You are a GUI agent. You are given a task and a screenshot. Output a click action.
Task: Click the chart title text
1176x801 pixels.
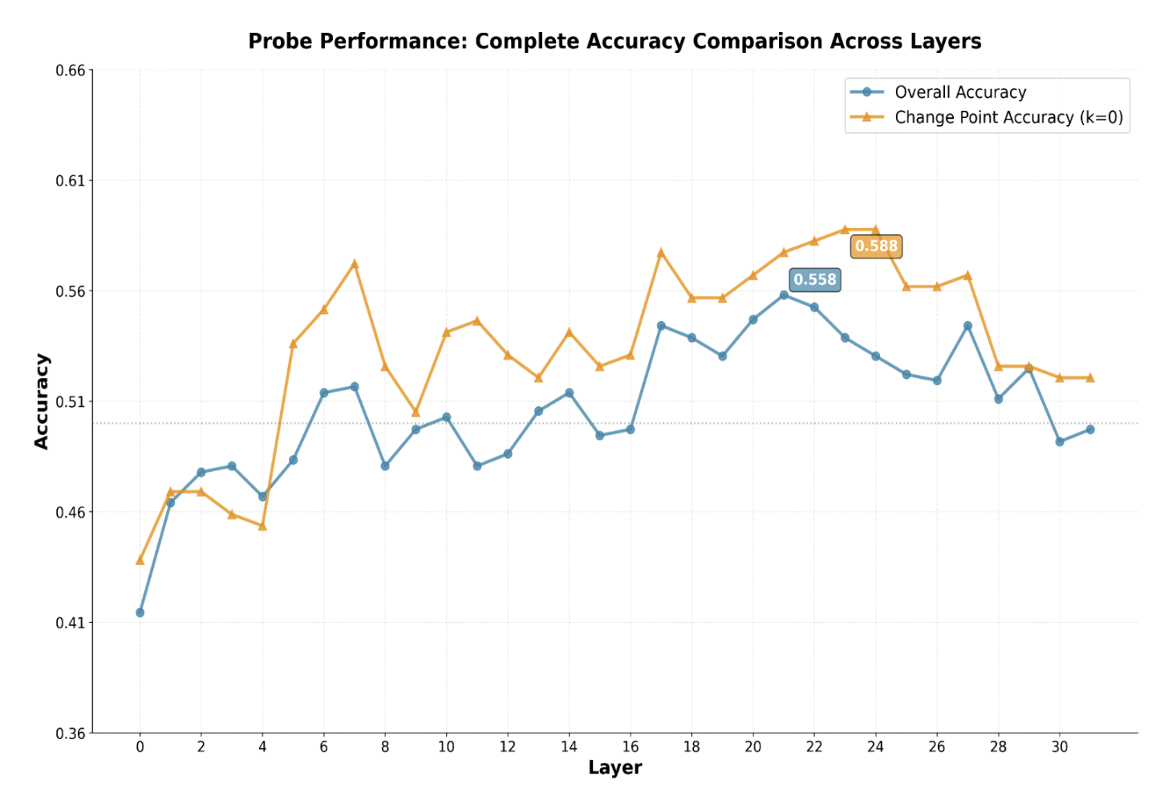[x=614, y=41]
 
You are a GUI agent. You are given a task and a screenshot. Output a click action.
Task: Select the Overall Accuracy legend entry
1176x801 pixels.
[x=960, y=92]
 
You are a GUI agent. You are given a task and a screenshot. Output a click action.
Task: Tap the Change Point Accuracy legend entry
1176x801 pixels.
[x=1008, y=117]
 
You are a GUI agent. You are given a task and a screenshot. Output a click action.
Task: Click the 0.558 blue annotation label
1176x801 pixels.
[x=815, y=279]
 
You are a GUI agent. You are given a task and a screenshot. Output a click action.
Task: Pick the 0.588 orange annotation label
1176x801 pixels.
[x=876, y=246]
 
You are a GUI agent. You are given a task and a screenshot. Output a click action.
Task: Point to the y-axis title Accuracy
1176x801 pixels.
[x=42, y=401]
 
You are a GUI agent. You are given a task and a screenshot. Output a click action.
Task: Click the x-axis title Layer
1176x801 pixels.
[x=614, y=767]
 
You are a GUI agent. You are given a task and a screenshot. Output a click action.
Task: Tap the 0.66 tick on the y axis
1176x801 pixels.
[x=71, y=71]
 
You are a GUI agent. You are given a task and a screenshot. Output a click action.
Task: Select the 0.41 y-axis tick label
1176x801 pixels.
[x=71, y=623]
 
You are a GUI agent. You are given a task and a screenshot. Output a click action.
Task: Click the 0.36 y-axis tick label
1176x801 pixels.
[x=71, y=734]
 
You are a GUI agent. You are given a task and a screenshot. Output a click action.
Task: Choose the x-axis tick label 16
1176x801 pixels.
[x=631, y=746]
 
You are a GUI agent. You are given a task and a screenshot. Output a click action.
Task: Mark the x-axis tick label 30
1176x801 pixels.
[x=1060, y=746]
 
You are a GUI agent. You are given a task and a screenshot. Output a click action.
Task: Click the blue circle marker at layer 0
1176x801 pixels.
[x=140, y=612]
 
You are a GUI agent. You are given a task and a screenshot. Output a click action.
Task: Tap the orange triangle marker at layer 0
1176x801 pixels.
[x=140, y=559]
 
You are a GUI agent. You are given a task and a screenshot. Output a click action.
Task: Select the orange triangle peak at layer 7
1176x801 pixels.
[x=355, y=263]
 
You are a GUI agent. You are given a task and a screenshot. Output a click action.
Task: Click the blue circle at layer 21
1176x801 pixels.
[x=784, y=295]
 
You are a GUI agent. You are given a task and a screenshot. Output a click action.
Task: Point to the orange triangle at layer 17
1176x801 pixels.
[x=661, y=252]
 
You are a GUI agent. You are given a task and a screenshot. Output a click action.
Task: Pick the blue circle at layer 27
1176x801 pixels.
[x=967, y=326]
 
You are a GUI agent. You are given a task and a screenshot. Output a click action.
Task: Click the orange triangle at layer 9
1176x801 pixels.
[x=416, y=413]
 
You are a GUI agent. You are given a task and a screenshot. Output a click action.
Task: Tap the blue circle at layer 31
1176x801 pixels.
[x=1090, y=429]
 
